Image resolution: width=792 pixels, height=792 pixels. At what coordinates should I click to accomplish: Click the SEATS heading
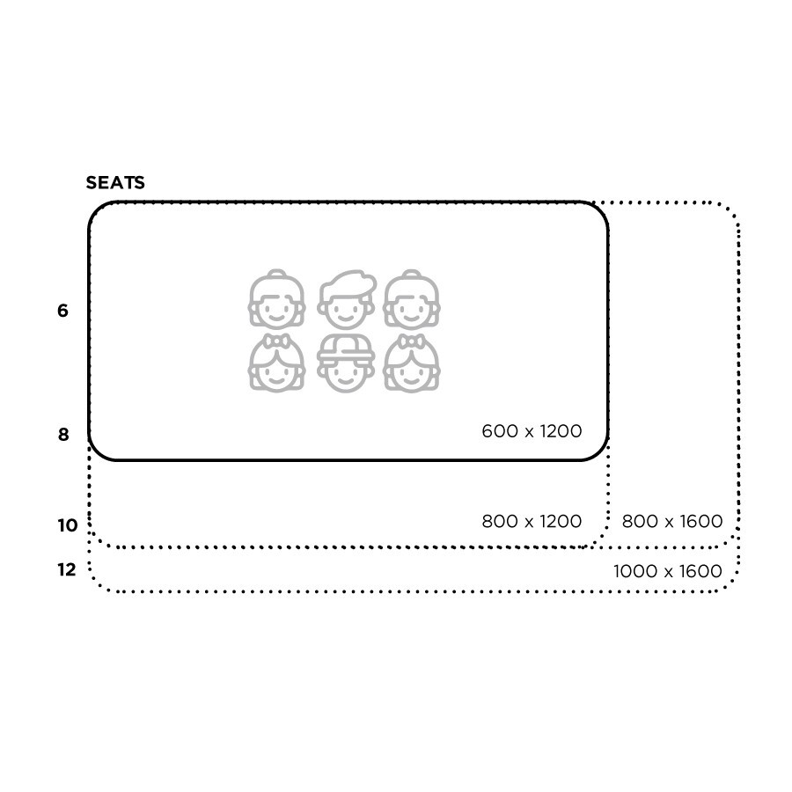(x=115, y=183)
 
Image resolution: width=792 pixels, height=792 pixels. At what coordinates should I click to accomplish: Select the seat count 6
(x=62, y=311)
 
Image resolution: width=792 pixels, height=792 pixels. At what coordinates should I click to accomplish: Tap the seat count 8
(x=62, y=435)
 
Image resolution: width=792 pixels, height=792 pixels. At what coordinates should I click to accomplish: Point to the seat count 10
(x=68, y=526)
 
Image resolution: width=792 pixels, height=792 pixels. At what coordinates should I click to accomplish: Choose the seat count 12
(x=67, y=570)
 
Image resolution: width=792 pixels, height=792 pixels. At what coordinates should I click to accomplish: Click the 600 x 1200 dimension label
(x=532, y=431)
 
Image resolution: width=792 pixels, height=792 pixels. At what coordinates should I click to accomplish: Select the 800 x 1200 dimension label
(x=532, y=521)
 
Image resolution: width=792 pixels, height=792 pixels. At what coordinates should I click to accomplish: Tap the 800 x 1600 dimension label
(x=671, y=521)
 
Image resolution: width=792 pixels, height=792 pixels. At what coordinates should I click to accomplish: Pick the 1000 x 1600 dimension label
(x=667, y=571)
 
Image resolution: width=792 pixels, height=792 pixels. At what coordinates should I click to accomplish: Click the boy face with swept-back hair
(x=345, y=299)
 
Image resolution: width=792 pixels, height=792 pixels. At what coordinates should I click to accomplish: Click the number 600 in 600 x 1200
(x=496, y=431)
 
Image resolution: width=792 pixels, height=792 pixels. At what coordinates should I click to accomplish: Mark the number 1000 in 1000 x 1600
(x=630, y=571)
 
